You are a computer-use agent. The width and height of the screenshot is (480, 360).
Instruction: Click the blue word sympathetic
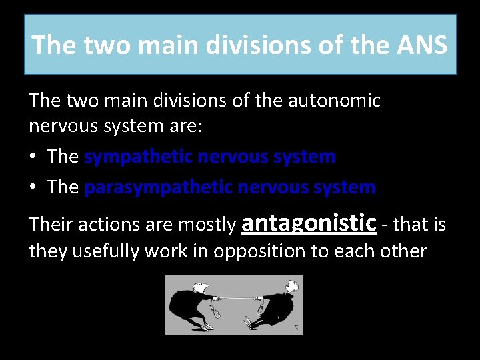[138, 157]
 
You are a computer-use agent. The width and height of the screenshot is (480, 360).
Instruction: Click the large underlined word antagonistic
[309, 222]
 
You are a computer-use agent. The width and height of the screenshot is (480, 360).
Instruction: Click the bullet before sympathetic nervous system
[33, 157]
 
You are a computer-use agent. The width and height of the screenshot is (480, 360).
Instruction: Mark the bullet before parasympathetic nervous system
[33, 187]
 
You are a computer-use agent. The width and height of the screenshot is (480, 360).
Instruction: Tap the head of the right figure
[291, 287]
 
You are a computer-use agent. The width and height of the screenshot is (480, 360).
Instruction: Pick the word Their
[51, 225]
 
